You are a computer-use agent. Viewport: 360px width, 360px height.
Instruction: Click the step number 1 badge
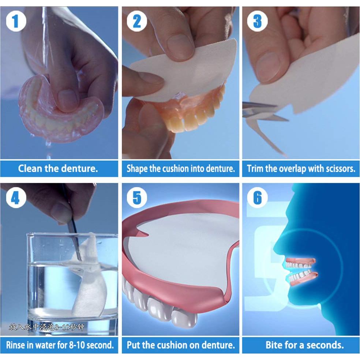coord(15,22)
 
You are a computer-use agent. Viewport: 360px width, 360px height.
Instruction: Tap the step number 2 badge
coord(136,22)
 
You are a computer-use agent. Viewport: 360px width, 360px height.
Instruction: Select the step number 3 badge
coord(257,22)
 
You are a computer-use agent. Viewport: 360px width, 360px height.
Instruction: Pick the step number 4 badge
coord(15,198)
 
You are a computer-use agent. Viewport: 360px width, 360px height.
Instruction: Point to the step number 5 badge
coord(136,198)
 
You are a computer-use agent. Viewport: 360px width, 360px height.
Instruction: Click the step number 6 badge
coord(257,198)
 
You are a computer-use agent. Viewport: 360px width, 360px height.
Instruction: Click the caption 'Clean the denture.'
coord(58,169)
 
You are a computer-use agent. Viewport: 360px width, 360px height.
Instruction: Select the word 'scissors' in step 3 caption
coord(339,169)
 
